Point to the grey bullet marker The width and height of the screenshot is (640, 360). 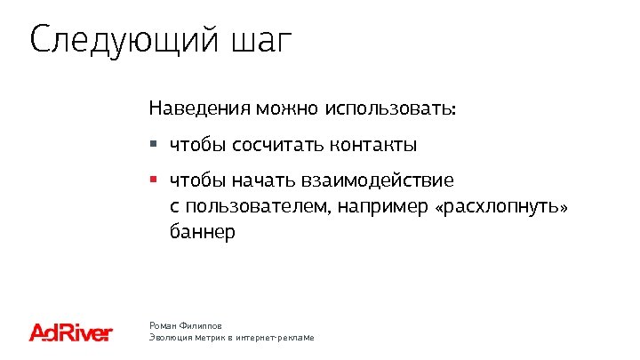coord(153,143)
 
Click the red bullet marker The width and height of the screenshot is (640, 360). coord(153,180)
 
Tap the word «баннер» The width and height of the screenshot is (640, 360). coord(202,233)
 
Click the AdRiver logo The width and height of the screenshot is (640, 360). coord(71,332)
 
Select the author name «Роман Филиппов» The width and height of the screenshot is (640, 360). coord(185,326)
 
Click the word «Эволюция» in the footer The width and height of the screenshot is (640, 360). coord(170,339)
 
